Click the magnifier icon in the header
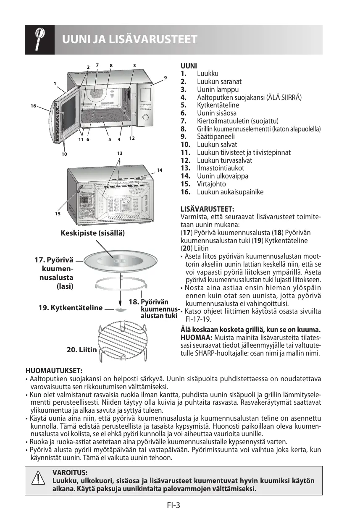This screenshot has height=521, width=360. click(39, 39)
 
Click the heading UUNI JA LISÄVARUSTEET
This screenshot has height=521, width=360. click(130, 40)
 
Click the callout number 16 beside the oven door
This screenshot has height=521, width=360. click(33, 106)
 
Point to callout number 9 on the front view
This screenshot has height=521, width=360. click(166, 78)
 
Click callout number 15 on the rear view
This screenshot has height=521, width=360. click(57, 214)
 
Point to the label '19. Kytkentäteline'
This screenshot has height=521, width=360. click(70, 308)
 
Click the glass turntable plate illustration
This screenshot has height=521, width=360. click(120, 264)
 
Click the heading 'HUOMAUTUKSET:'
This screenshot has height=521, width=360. click(54, 371)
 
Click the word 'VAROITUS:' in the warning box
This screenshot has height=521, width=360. click(70, 472)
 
